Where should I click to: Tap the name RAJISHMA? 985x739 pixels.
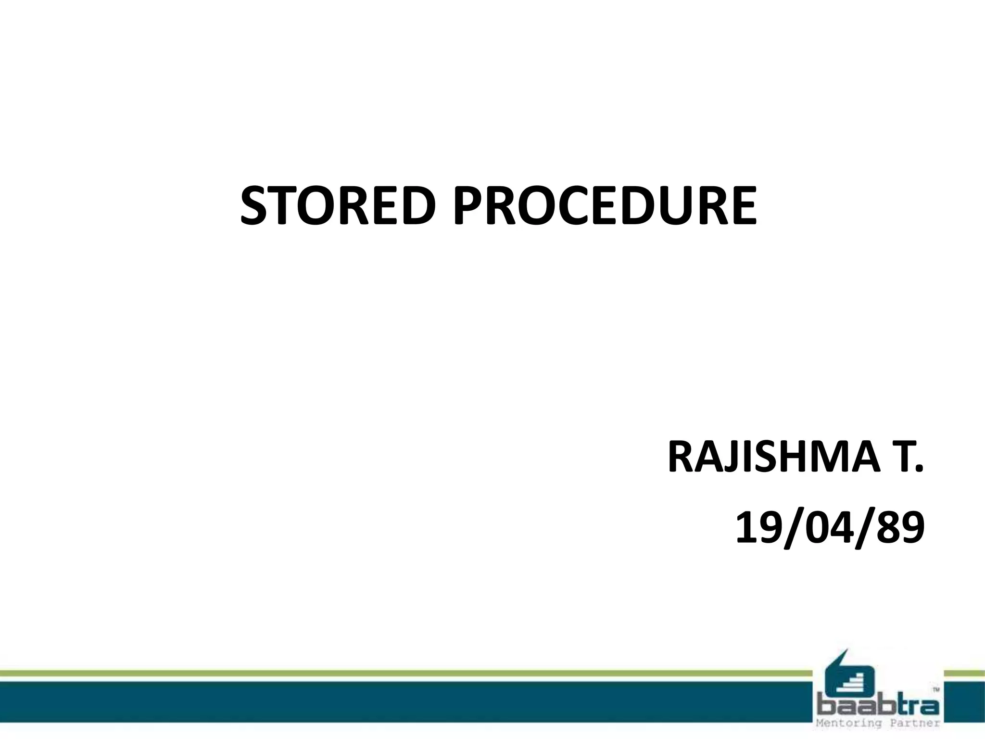(x=770, y=458)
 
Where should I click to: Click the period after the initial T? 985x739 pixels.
(x=920, y=470)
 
